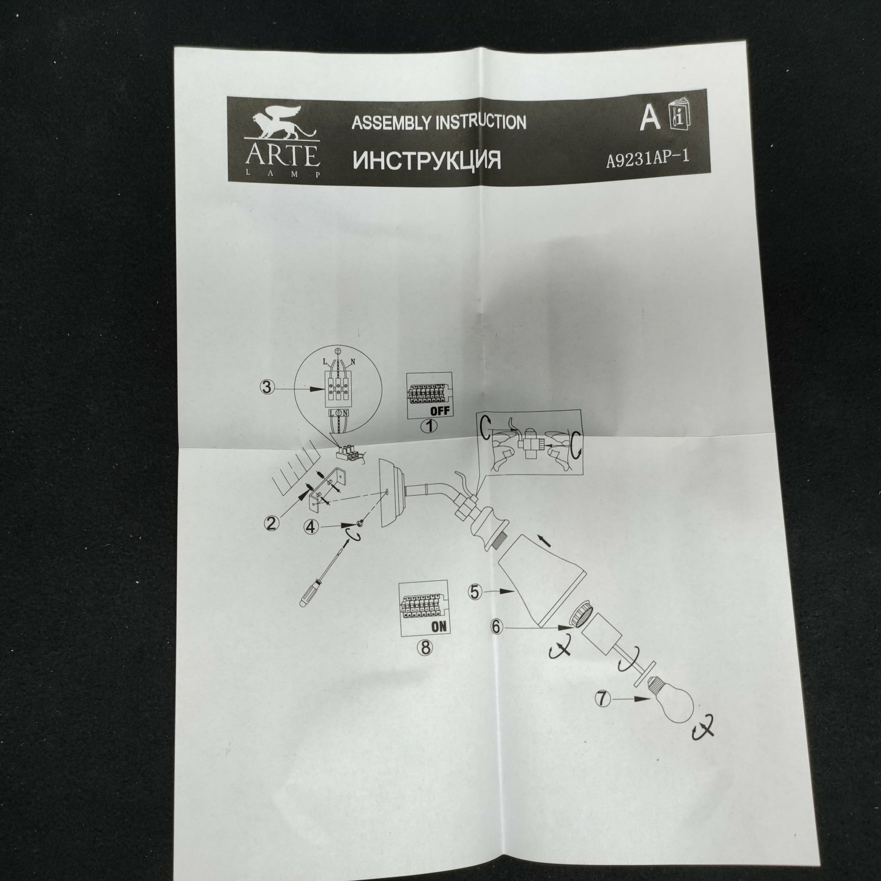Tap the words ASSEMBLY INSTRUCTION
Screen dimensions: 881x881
click(438, 123)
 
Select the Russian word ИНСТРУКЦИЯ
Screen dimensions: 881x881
click(426, 160)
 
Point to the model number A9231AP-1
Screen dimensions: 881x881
click(647, 160)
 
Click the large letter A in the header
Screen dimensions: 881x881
click(650, 117)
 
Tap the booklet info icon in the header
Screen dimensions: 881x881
click(681, 117)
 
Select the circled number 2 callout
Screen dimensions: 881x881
click(271, 523)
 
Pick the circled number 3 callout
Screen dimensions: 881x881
click(267, 387)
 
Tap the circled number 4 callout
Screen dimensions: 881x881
click(312, 527)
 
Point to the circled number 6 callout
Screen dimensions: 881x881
click(497, 627)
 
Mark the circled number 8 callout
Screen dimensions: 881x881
click(423, 647)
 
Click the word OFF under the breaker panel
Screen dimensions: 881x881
click(439, 411)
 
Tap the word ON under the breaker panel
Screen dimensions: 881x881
click(438, 626)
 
